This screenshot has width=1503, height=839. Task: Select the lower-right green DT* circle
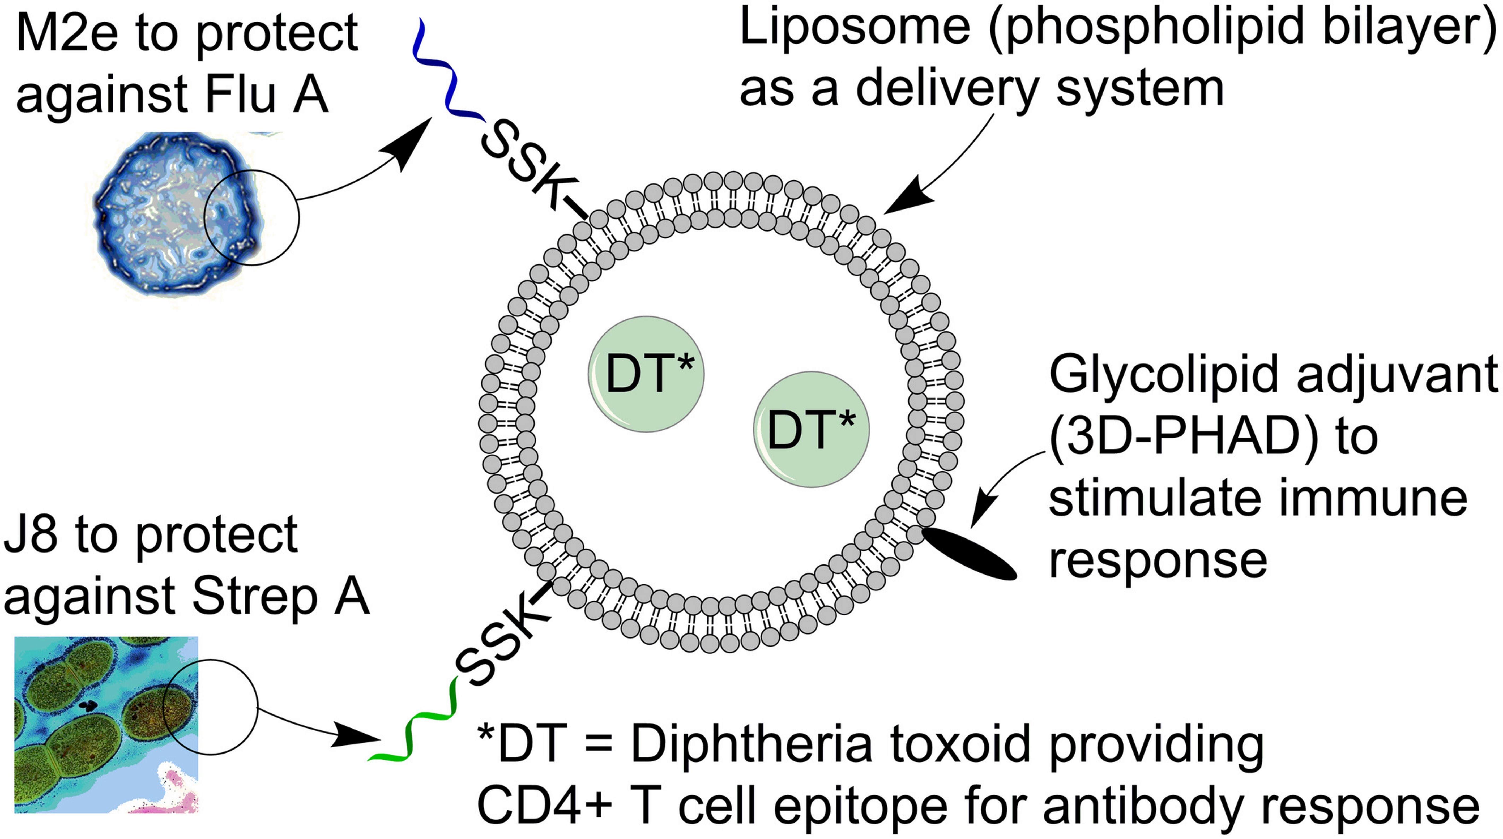(x=811, y=429)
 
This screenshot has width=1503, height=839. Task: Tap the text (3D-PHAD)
(x=1184, y=438)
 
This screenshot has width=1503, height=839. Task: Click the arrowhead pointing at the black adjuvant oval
(x=983, y=513)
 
